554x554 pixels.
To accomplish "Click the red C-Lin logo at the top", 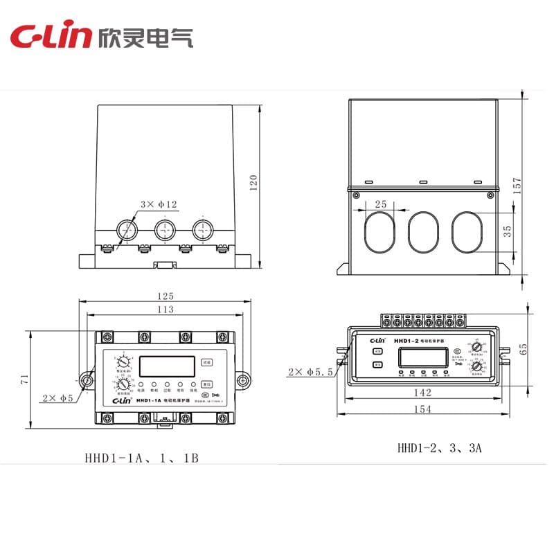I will coord(50,37).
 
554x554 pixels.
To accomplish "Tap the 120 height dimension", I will coord(253,182).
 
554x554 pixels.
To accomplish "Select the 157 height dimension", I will coord(517,182).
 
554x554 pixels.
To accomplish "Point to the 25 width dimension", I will coord(380,204).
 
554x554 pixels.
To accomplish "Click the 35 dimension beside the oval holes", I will coord(508,231).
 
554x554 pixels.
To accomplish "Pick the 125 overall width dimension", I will coord(165,296).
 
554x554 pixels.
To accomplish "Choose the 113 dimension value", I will coord(165,309).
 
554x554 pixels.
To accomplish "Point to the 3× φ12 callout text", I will coord(159,204).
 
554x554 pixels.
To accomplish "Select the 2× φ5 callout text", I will coord(57,397).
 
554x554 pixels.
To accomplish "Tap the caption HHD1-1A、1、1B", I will coord(141,458).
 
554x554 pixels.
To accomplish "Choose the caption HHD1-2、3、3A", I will coord(439,447).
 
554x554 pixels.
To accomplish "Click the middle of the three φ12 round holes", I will coord(165,229).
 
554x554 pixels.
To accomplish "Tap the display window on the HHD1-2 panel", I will coord(422,357).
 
